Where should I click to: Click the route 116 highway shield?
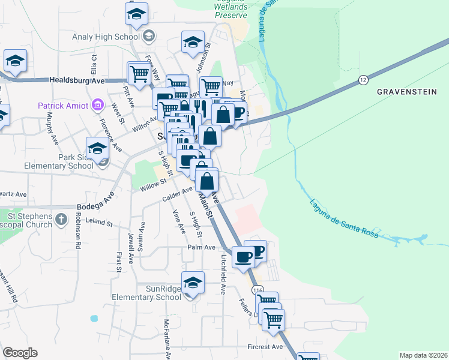pyautogui.click(x=259, y=290)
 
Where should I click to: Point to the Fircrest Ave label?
pyautogui.click(x=265, y=347)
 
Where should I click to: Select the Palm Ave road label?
pyautogui.click(x=201, y=247)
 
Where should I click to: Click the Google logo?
pyautogui.click(x=20, y=353)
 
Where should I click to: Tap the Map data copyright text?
pyautogui.click(x=423, y=355)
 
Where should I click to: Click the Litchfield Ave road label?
pyautogui.click(x=223, y=275)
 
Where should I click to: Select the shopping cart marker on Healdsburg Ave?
pyautogui.click(x=139, y=74)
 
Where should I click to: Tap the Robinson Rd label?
pyautogui.click(x=78, y=229)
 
